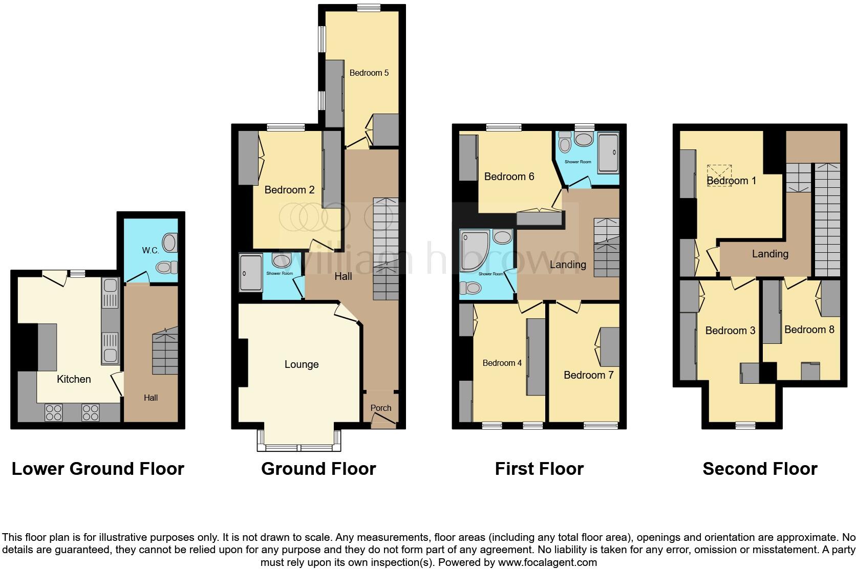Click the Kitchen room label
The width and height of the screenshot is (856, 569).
(74, 379)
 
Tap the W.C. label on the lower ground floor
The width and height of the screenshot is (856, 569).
(151, 250)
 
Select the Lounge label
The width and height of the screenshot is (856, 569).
(302, 364)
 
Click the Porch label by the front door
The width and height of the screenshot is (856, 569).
(380, 408)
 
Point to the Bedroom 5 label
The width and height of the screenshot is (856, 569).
(369, 73)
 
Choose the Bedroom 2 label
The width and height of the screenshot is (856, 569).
(289, 190)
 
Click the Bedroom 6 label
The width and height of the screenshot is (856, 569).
(509, 177)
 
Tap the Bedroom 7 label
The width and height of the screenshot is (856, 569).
(588, 375)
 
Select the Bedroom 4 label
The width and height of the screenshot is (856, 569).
(502, 363)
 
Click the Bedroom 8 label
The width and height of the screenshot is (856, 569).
(809, 330)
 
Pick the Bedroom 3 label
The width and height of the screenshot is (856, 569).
(730, 331)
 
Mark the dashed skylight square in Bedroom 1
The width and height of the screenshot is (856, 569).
(719, 175)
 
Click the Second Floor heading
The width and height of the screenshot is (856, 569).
(760, 469)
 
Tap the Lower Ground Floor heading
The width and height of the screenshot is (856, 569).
(98, 469)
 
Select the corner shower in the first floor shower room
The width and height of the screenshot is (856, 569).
(473, 250)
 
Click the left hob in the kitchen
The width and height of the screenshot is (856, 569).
(53, 412)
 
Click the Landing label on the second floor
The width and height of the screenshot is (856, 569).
(769, 254)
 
